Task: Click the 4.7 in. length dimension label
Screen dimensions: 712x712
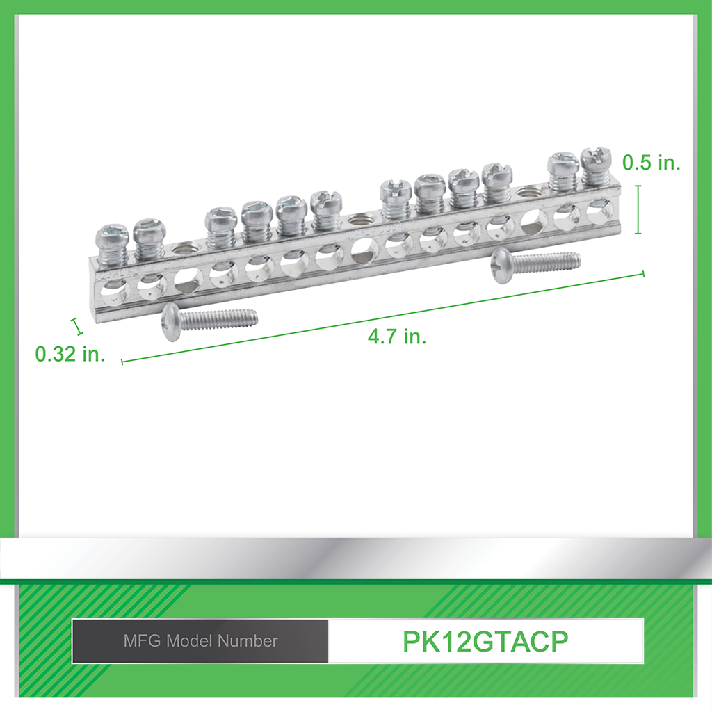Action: [397, 337]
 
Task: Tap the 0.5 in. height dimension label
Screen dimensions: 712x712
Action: [651, 163]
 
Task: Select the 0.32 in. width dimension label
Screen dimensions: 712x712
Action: [70, 354]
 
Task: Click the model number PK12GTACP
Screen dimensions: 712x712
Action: [485, 641]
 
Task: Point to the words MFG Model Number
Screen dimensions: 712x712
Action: [200, 641]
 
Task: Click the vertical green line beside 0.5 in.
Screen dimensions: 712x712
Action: [638, 209]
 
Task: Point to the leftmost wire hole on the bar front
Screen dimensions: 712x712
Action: [112, 291]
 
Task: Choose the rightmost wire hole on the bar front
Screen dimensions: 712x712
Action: [599, 210]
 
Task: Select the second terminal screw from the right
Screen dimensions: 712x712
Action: [563, 170]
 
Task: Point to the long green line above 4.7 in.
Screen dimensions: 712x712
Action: [382, 317]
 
